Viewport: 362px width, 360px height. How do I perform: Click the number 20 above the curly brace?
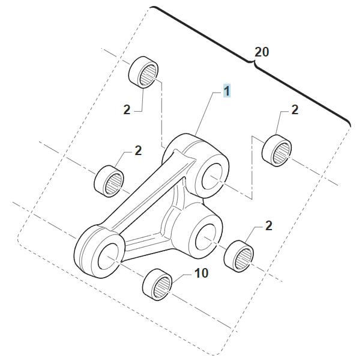click(262, 52)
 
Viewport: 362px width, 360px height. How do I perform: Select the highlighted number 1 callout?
click(227, 91)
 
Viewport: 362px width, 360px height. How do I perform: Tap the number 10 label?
click(201, 273)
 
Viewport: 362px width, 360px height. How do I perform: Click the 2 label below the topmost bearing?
click(127, 110)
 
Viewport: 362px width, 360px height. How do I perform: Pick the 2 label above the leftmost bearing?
click(138, 150)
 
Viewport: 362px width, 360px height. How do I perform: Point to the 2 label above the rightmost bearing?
click(294, 109)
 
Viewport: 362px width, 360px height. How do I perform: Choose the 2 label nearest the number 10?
click(268, 226)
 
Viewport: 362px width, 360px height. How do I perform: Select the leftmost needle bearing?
click(110, 180)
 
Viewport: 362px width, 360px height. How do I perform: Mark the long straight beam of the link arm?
click(144, 192)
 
